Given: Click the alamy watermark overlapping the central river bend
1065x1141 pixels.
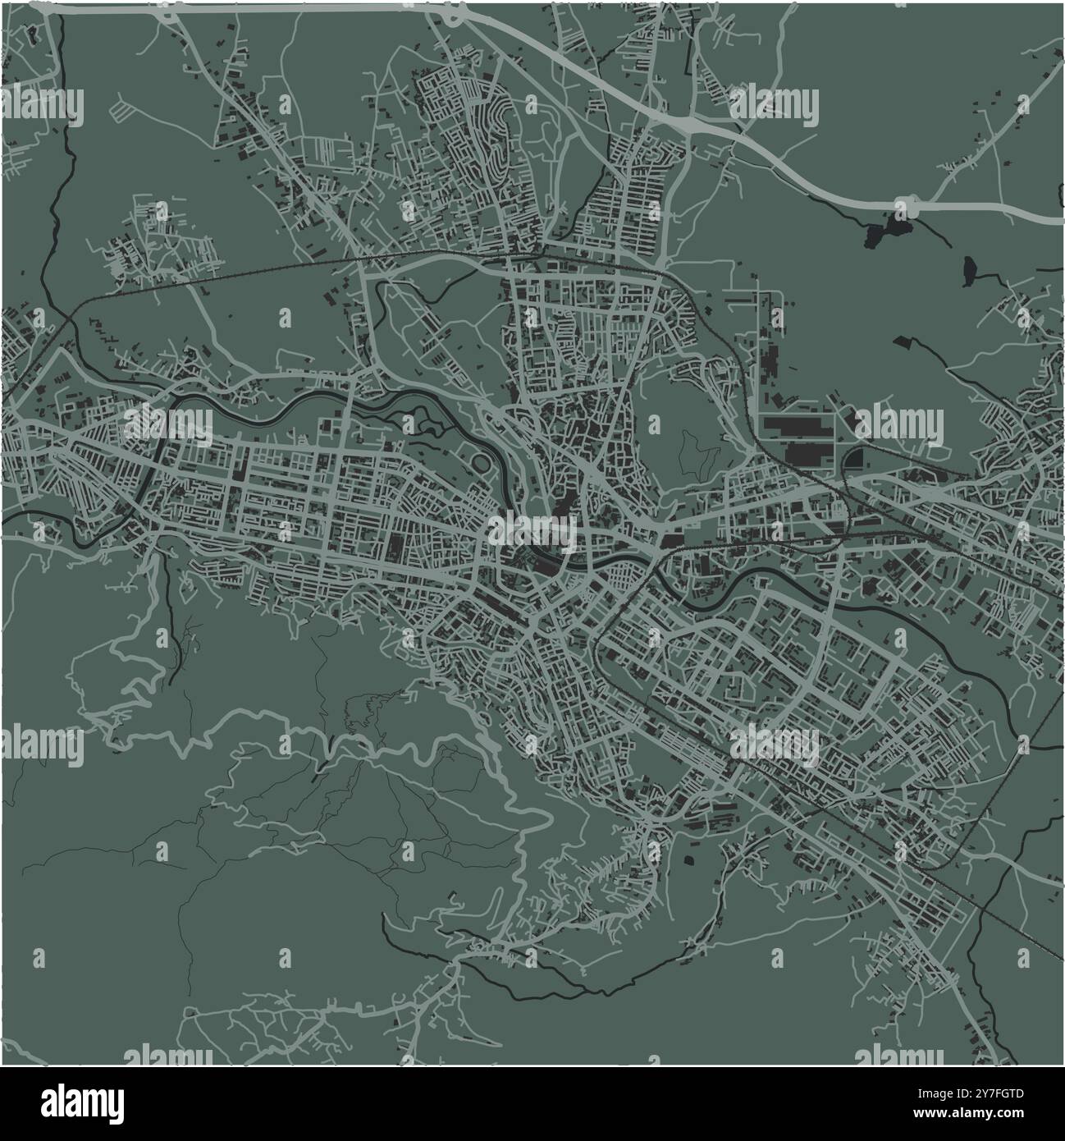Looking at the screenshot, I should click(x=532, y=532).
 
